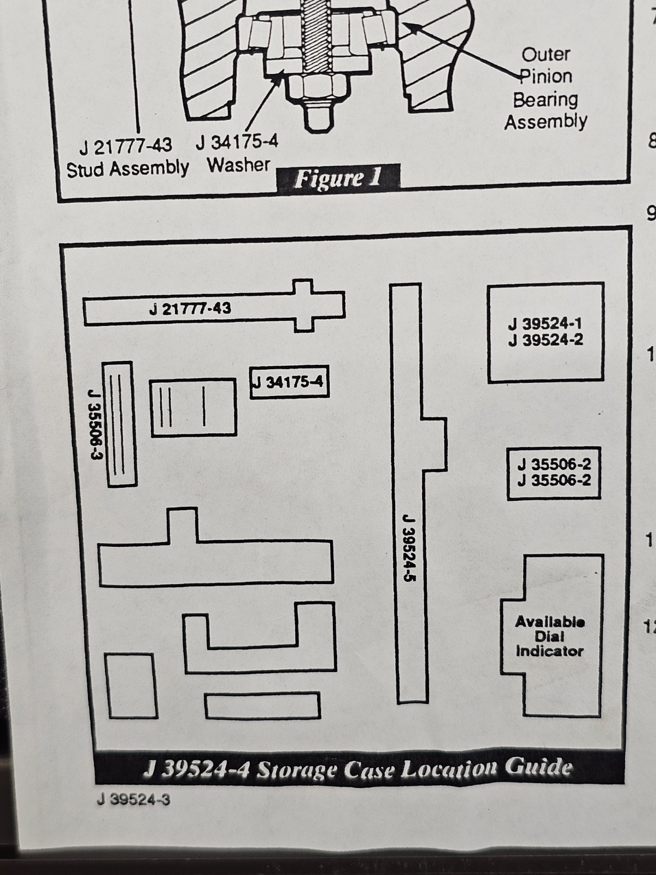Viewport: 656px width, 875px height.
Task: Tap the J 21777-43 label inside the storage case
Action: point(190,308)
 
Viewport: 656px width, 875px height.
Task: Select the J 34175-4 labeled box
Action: point(290,382)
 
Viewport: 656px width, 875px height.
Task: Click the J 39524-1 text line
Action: point(545,324)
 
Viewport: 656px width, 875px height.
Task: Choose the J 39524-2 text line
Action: point(545,340)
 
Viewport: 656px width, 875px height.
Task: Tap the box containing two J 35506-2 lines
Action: point(554,473)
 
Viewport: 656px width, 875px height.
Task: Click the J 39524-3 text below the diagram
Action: point(133,800)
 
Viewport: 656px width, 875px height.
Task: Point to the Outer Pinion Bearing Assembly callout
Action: point(546,89)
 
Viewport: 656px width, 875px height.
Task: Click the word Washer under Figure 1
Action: point(238,165)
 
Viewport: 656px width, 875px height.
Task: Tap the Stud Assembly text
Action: point(127,169)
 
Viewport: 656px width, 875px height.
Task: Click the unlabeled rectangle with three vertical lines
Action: point(194,408)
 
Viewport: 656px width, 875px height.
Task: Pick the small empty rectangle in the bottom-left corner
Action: point(131,686)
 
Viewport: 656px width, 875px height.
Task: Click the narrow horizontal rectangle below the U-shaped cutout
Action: point(262,706)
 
